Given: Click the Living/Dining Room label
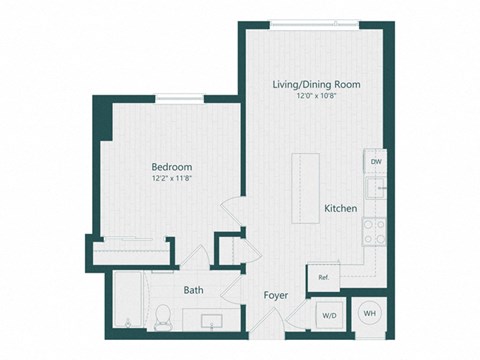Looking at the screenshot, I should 315,85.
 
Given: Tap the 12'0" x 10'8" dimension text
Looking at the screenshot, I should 315,97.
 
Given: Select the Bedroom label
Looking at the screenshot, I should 172,167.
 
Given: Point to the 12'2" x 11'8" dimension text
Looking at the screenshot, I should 172,179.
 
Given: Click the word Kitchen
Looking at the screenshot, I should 341,208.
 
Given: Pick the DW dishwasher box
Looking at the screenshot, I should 375,161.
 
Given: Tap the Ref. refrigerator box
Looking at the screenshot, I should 325,278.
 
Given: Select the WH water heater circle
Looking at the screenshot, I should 370,313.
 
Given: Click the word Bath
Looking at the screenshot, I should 194,291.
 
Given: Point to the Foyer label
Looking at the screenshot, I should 276,296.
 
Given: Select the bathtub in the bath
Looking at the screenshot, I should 128,305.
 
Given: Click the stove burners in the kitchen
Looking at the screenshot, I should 375,234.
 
